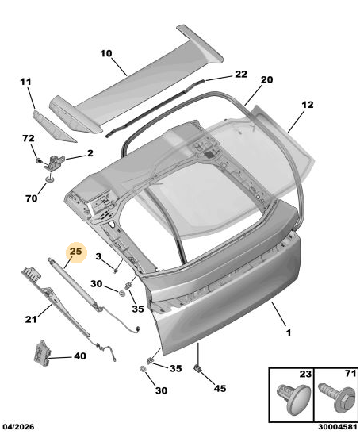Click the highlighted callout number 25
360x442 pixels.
tap(75, 252)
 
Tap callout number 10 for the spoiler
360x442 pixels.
tap(106, 53)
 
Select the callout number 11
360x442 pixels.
tap(25, 82)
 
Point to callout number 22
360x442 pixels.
tap(241, 74)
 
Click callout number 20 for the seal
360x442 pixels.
tap(266, 80)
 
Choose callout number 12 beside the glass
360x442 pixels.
tap(307, 105)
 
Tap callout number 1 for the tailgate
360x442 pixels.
tap(288, 333)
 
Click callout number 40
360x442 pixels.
tap(80, 356)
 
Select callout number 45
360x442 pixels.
tap(220, 389)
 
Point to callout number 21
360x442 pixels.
tap(31, 319)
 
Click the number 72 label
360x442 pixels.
tap(29, 138)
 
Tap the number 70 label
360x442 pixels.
tap(31, 198)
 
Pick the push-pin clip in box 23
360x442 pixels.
tap(293, 398)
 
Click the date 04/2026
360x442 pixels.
tap(18, 427)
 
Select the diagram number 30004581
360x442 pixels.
tap(338, 427)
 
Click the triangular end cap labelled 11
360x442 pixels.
tap(52, 126)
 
